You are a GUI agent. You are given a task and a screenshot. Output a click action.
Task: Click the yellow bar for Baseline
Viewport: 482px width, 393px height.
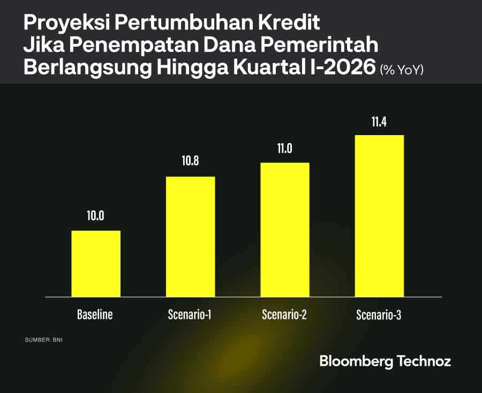coord(96,263)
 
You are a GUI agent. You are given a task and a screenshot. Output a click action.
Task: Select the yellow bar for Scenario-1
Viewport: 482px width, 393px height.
coord(190,236)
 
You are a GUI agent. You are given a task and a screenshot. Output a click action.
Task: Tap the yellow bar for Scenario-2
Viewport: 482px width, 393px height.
coord(284,229)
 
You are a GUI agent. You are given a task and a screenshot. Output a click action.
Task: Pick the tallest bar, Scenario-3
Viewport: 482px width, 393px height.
coord(379,216)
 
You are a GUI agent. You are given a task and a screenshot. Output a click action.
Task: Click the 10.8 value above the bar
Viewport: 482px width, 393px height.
coord(190,161)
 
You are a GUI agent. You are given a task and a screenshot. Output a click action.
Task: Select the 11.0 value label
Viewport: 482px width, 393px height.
coord(284,148)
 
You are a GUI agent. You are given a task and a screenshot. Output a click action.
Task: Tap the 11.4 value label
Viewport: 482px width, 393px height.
coord(379,121)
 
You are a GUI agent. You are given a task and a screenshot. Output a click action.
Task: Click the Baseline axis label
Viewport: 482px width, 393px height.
coord(95,315)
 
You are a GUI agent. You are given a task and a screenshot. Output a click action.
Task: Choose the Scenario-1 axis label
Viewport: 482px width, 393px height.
coord(190,315)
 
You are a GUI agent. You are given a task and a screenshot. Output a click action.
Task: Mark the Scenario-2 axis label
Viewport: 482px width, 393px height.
coord(284,315)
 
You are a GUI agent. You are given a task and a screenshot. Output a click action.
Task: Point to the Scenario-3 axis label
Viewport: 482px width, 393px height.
coord(379,315)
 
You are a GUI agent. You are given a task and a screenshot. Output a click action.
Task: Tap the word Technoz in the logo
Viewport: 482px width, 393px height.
coord(424,361)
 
